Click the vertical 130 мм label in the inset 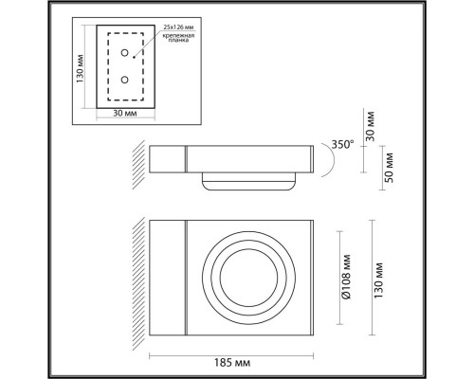click(81, 65)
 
